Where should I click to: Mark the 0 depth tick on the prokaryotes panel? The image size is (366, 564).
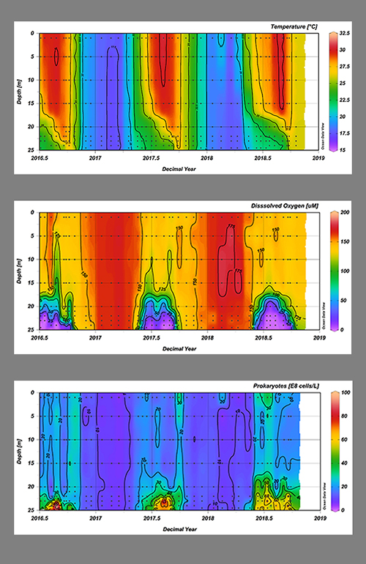click(x=32, y=393)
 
